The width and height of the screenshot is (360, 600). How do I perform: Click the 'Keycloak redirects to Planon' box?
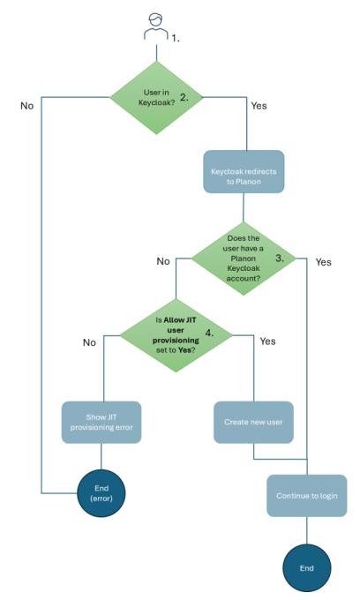[243, 172]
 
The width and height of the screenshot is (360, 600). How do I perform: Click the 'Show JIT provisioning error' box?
[101, 422]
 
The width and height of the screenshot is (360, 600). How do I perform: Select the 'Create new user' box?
[254, 422]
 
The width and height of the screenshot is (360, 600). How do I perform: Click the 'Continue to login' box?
[306, 495]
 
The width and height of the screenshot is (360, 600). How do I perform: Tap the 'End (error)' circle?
[101, 494]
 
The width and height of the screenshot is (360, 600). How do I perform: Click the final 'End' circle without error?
[306, 567]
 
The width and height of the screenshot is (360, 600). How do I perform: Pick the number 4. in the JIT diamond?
[210, 334]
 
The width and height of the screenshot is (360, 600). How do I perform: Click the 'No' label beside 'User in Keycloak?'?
[26, 105]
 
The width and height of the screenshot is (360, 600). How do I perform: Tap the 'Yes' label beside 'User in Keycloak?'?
[259, 105]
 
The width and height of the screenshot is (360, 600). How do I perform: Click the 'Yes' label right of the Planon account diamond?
[323, 262]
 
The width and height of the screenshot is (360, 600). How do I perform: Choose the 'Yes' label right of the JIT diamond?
[269, 340]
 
